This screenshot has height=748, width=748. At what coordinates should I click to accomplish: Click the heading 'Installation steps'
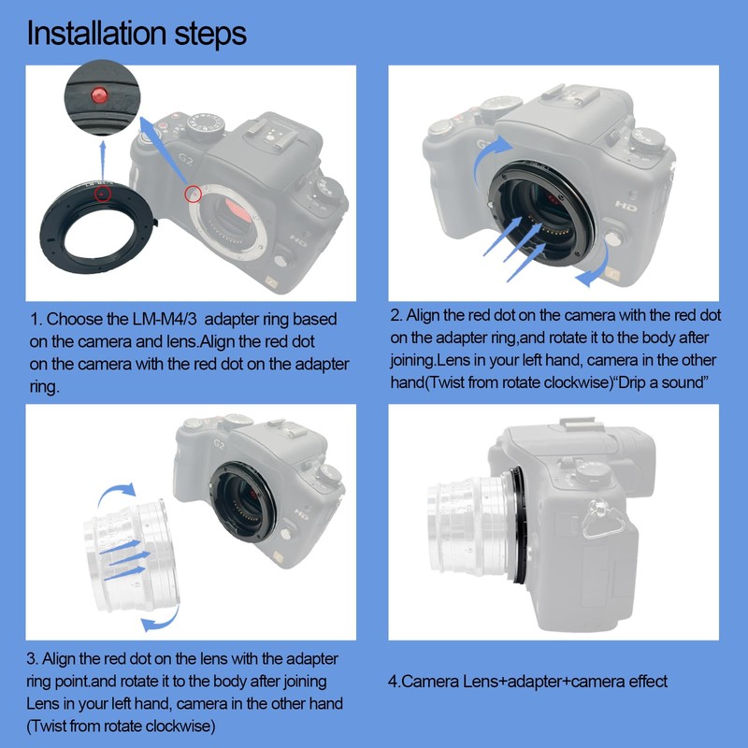[137, 34]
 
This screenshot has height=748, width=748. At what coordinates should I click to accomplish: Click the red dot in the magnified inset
[97, 95]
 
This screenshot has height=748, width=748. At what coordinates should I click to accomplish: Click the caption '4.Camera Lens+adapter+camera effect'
[527, 682]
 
